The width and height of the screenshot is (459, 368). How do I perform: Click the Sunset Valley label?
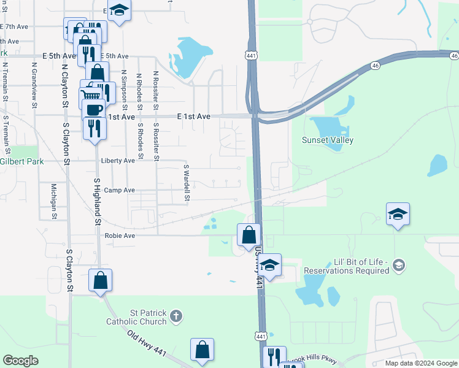pyautogui.click(x=327, y=140)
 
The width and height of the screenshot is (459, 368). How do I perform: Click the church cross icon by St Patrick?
pyautogui.click(x=176, y=316)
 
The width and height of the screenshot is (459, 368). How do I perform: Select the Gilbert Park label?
pyautogui.click(x=22, y=161)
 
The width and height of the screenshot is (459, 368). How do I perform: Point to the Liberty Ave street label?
pyautogui.click(x=117, y=161)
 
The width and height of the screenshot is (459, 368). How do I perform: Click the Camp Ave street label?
pyautogui.click(x=119, y=190)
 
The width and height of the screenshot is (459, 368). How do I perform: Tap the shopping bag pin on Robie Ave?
pyautogui.click(x=249, y=235)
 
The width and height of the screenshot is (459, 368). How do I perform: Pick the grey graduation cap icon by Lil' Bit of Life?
pyautogui.click(x=399, y=265)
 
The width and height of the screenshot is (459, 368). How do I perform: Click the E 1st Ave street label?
pyautogui.click(x=193, y=117)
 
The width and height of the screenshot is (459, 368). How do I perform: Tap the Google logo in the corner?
pyautogui.click(x=20, y=361)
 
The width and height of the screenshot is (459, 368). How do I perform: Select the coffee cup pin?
pyautogui.click(x=94, y=110)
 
